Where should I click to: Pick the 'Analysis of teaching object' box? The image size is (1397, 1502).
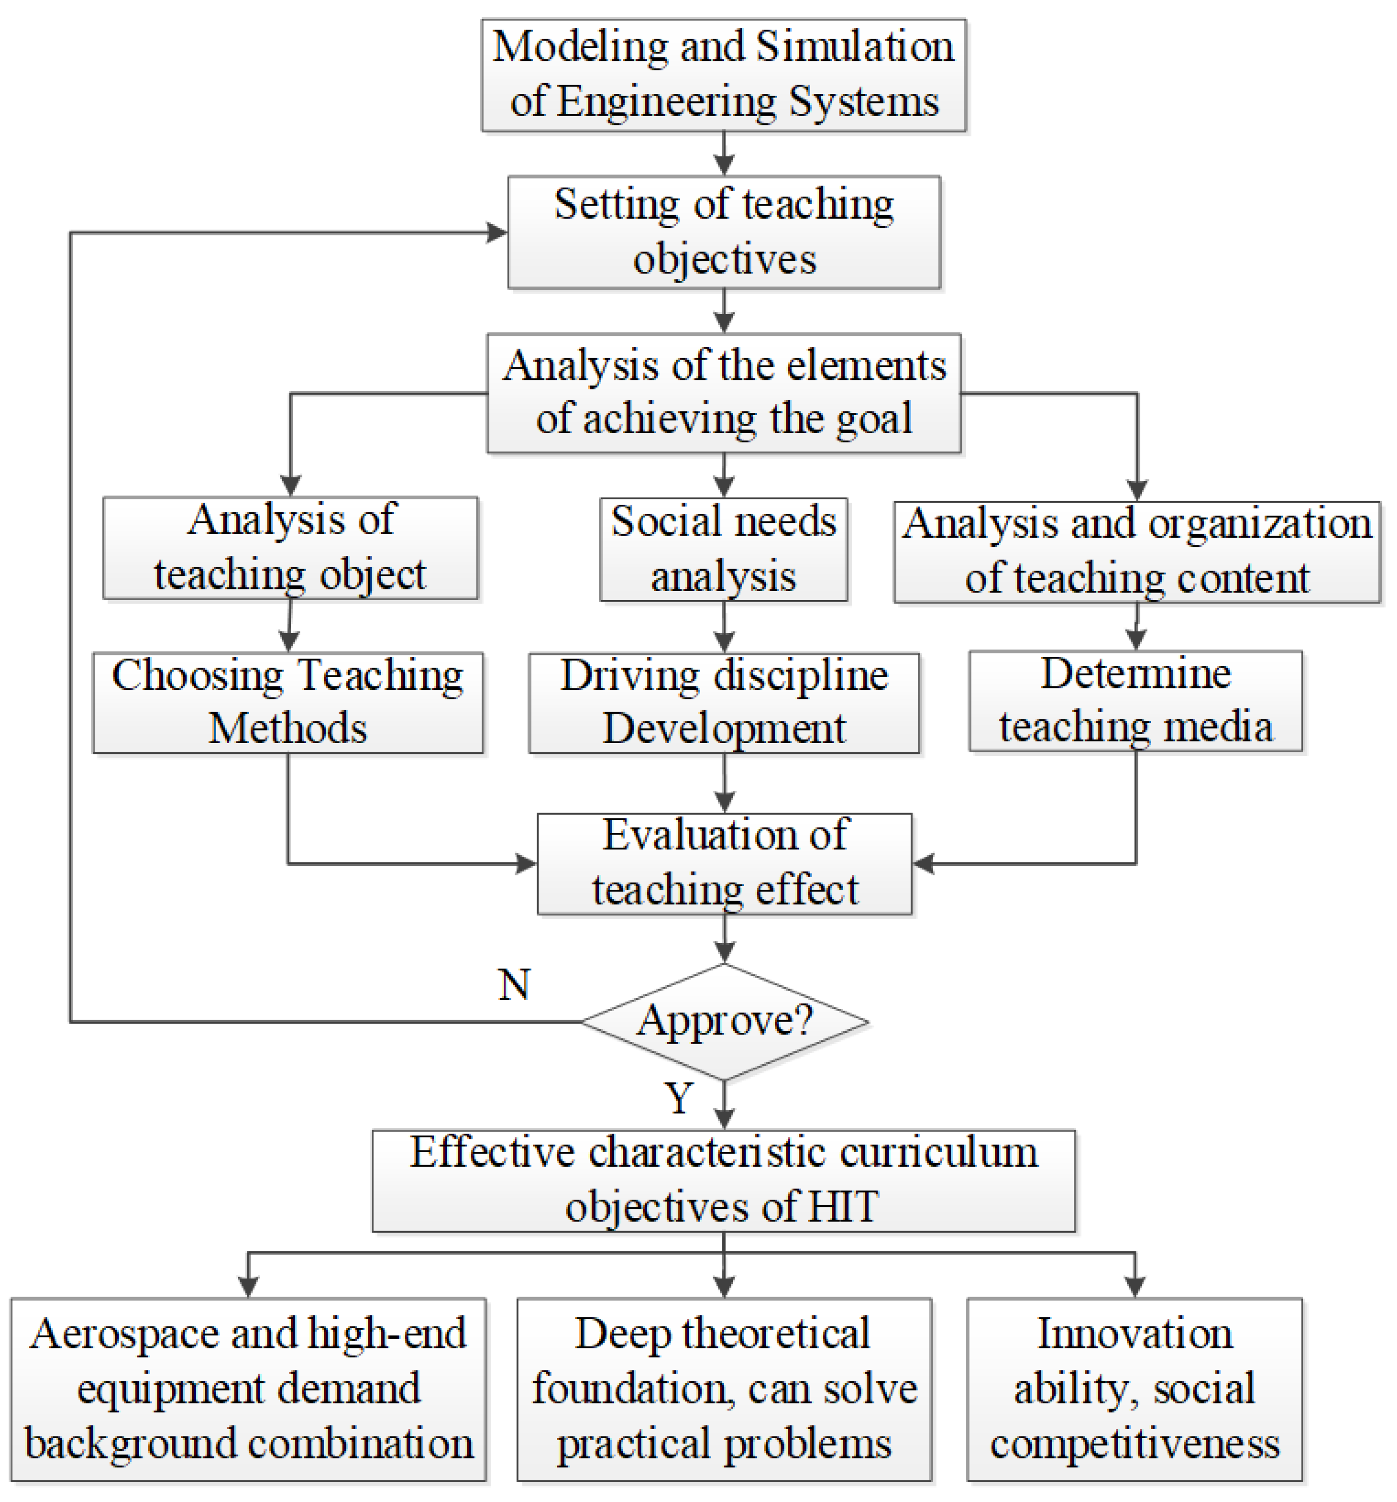tap(290, 548)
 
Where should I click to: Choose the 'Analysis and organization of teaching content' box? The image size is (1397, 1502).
tap(1136, 551)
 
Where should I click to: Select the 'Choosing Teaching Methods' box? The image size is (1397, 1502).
tap(287, 703)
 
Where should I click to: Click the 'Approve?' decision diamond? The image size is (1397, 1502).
tap(724, 1022)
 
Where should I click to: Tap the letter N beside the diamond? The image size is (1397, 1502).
tap(514, 985)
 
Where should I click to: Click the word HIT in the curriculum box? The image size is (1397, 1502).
tap(843, 1207)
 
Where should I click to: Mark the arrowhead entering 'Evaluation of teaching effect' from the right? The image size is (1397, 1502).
tap(923, 863)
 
